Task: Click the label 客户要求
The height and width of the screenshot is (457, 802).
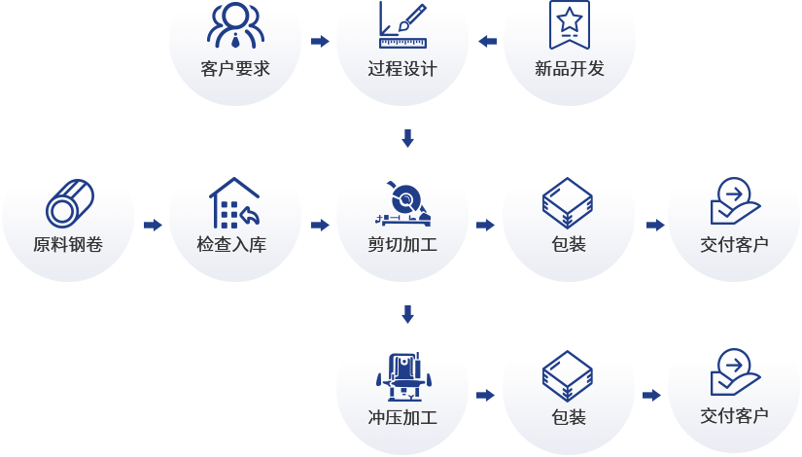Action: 234,69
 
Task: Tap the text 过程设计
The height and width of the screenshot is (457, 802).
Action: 401,69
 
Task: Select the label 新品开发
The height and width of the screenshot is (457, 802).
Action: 569,69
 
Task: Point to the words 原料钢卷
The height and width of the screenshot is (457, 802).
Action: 67,244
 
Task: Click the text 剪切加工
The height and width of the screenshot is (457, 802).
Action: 401,244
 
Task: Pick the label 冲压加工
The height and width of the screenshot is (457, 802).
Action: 401,418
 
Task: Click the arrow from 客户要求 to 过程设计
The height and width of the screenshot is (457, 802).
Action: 319,41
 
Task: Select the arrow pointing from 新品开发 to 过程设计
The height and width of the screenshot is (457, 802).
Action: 487,41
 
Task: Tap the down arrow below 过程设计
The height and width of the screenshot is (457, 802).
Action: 407,139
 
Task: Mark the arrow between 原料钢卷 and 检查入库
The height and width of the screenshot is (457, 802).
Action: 153,226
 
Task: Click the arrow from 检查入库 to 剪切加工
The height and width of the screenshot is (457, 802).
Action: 319,226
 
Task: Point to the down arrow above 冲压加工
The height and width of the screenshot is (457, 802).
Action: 407,314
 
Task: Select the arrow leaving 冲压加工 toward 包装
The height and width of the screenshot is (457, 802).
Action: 485,396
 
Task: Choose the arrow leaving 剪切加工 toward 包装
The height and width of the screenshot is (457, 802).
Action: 485,226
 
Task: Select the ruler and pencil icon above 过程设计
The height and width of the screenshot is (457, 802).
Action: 401,26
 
